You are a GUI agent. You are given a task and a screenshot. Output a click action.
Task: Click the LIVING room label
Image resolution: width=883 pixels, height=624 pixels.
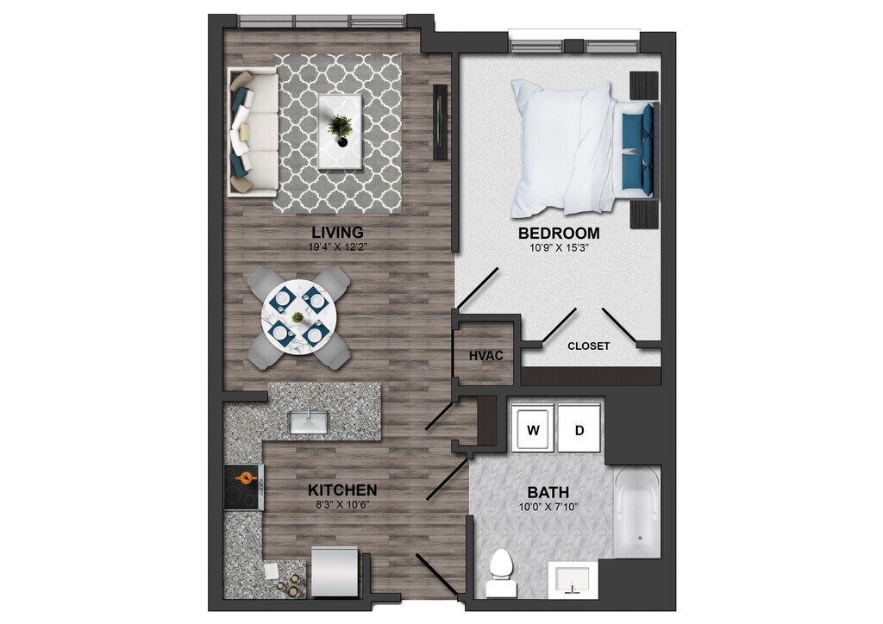point(338,232)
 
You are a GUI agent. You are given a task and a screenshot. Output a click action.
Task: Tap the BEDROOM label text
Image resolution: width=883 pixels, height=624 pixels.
point(558,233)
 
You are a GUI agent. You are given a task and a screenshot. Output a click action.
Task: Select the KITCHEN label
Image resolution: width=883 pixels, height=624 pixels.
point(342,490)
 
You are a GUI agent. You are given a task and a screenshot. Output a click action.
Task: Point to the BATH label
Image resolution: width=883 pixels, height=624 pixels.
point(548,492)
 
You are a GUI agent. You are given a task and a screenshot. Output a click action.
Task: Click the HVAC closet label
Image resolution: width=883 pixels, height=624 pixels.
point(485,355)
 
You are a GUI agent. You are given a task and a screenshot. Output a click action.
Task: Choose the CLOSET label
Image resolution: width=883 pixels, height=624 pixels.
point(589,346)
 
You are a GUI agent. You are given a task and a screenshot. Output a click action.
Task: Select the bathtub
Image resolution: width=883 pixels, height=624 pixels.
point(638,512)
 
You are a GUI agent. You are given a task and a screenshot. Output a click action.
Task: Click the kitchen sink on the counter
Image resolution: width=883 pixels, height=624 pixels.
point(309,421)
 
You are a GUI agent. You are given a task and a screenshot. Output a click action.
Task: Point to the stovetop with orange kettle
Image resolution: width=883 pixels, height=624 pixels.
point(244,488)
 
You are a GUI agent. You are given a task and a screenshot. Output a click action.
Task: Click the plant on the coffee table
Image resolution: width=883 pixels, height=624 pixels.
point(341,128)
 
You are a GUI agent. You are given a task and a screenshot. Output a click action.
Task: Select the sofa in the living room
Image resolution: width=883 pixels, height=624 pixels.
point(251,132)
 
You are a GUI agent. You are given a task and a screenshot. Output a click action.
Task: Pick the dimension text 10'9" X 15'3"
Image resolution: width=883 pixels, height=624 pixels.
point(558,248)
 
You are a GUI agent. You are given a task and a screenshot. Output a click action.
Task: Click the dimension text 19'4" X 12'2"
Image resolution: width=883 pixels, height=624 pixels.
point(338,247)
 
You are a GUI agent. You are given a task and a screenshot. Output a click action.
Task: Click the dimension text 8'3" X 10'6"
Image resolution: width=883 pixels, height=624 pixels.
point(342,505)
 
